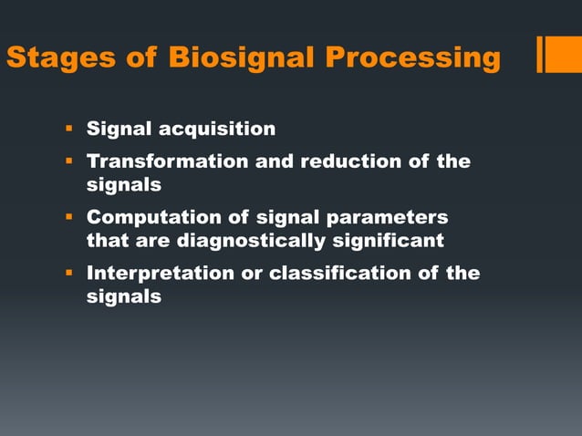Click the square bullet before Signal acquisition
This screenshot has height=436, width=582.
pos(68,129)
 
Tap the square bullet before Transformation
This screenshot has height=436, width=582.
pos(68,162)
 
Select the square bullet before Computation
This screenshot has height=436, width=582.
pos(68,218)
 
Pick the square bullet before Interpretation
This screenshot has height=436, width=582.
pos(68,274)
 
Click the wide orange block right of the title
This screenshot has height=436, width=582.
pos(565,54)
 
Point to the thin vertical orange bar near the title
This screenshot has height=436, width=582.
pos(540,54)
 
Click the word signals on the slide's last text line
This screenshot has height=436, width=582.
pos(124,296)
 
